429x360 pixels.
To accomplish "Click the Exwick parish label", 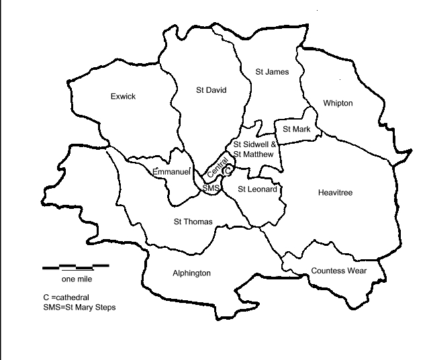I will click(x=123, y=97).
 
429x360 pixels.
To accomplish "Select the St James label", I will click(x=273, y=71).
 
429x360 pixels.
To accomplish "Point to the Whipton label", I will click(x=337, y=103).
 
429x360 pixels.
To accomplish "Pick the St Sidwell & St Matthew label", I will click(x=253, y=149).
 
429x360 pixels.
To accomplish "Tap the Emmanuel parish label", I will click(x=173, y=172).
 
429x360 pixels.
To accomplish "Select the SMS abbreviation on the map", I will click(x=211, y=189).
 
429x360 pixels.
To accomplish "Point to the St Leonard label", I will click(x=257, y=189).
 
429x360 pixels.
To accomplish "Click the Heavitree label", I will click(x=335, y=193).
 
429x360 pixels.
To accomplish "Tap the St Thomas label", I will click(x=193, y=222).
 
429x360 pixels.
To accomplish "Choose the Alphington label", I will click(x=191, y=273).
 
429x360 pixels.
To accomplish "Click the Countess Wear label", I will click(x=339, y=271).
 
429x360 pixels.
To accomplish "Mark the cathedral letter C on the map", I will click(x=227, y=171).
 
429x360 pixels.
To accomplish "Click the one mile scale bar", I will click(x=76, y=267).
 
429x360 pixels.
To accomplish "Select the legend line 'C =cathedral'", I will click(x=66, y=296).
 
